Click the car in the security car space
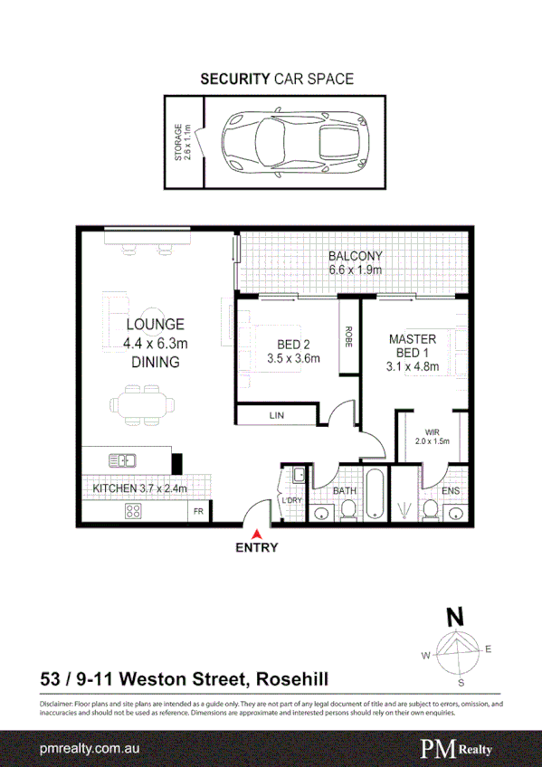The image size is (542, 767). point(294,142)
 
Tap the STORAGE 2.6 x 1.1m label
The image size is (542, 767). point(183,142)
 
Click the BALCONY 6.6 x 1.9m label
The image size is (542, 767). point(355,262)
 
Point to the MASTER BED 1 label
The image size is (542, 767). point(413,352)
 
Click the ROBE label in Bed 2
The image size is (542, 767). point(347,336)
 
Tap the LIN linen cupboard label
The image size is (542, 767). point(276,416)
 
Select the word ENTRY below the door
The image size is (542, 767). point(257,547)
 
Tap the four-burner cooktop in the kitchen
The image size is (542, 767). point(133,511)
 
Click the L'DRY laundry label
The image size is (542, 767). point(292,500)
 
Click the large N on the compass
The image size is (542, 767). point(457,619)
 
